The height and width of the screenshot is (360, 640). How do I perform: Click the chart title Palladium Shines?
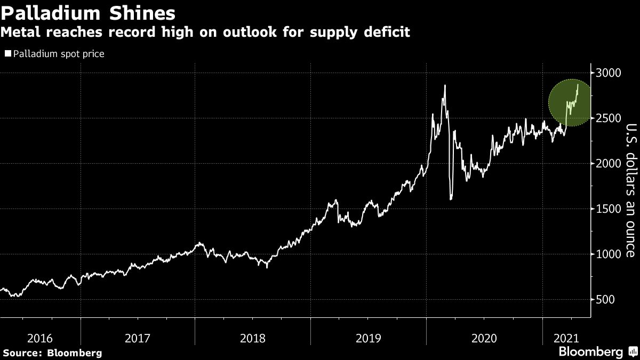click(88, 12)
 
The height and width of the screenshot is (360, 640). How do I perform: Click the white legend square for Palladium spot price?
click(7, 54)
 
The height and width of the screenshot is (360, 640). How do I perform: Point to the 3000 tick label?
click(608, 73)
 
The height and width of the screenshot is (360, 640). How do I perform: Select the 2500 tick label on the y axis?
click(608, 118)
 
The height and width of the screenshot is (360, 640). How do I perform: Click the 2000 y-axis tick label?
click(608, 163)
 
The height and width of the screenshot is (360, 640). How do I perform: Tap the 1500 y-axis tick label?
click(608, 209)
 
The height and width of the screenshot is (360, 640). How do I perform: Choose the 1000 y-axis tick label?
click(608, 254)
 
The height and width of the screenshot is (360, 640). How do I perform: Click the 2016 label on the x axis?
click(39, 338)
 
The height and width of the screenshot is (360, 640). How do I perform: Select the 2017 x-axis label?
click(138, 338)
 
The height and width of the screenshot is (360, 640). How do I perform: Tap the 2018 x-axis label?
click(253, 338)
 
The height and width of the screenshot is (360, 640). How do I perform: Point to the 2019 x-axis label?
click(369, 338)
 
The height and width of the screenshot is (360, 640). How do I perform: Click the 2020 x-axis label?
click(484, 338)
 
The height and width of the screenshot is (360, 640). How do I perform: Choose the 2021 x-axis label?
click(566, 338)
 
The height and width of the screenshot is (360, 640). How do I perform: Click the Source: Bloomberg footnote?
click(52, 353)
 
